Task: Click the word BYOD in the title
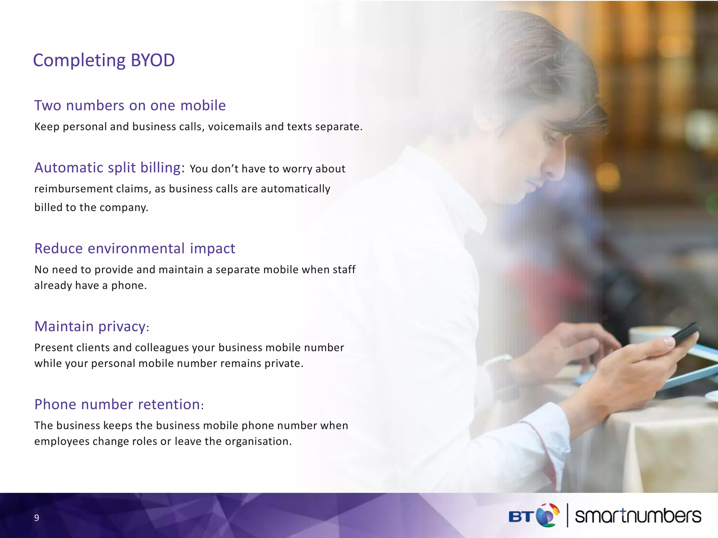click(x=153, y=60)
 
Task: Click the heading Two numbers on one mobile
click(x=130, y=105)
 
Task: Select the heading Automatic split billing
click(x=109, y=168)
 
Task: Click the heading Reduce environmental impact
click(x=135, y=248)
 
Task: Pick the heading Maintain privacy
click(x=90, y=326)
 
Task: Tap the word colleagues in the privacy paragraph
click(x=162, y=347)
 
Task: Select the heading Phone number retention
click(x=117, y=405)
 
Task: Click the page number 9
click(x=36, y=518)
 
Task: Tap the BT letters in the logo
click(x=521, y=517)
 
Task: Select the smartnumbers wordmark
click(x=638, y=516)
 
